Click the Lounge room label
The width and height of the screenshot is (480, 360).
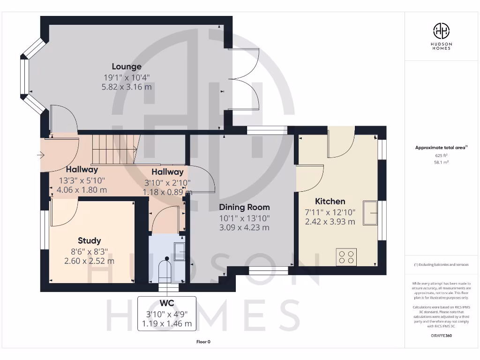pos(127,67)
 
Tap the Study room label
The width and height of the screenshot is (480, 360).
pos(90,241)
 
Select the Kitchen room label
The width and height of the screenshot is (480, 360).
pos(330,201)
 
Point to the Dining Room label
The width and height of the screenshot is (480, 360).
pos(244,207)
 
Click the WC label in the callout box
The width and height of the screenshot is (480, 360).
pos(167,303)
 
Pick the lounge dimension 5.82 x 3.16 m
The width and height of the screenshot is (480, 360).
pos(127,87)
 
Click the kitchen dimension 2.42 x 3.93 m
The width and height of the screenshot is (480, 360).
pos(330,222)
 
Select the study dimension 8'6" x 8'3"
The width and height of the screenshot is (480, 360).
pos(90,251)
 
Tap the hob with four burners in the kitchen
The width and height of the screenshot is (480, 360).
pos(346,257)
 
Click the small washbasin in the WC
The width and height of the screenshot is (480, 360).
pos(179,252)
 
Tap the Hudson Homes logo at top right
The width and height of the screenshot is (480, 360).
pos(441,31)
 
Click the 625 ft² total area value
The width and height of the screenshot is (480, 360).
pos(441,155)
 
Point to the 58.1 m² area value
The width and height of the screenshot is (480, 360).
pos(441,162)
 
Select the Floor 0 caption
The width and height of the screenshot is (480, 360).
pos(203,342)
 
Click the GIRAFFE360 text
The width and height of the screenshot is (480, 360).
pos(441,336)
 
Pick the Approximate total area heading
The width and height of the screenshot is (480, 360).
pos(441,148)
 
